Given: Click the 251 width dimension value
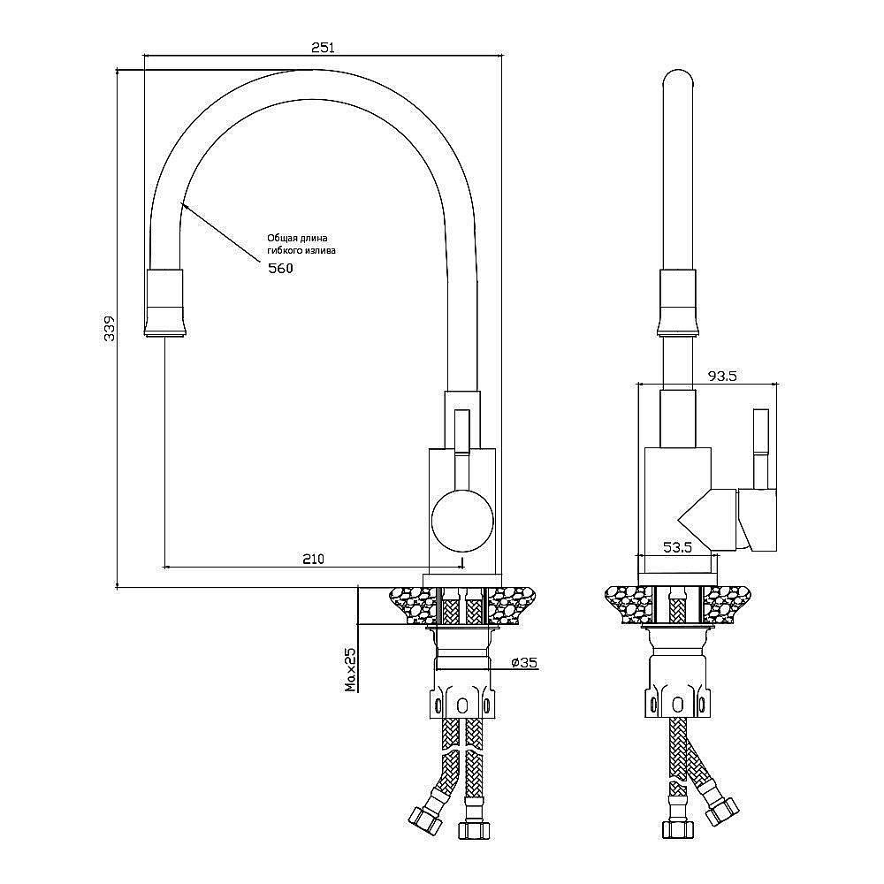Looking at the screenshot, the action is pyautogui.click(x=323, y=48).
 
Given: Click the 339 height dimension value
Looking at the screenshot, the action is pyautogui.click(x=110, y=328).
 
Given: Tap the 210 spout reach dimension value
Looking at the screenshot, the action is pyautogui.click(x=314, y=559).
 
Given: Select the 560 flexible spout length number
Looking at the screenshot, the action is pyautogui.click(x=280, y=269).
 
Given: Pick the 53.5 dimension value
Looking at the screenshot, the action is pyautogui.click(x=677, y=547).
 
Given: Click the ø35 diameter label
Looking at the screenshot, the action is pyautogui.click(x=524, y=662).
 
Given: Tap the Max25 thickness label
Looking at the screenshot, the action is pyautogui.click(x=351, y=669).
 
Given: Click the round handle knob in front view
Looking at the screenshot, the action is pyautogui.click(x=462, y=521).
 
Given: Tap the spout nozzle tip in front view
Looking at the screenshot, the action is pyautogui.click(x=164, y=303).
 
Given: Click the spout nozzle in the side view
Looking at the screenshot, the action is pyautogui.click(x=678, y=303).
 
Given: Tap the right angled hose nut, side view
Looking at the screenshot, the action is pyautogui.click(x=721, y=811).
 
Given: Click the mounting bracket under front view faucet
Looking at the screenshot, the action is pyautogui.click(x=461, y=702).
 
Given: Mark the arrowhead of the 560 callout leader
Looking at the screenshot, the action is pyautogui.click(x=183, y=204).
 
